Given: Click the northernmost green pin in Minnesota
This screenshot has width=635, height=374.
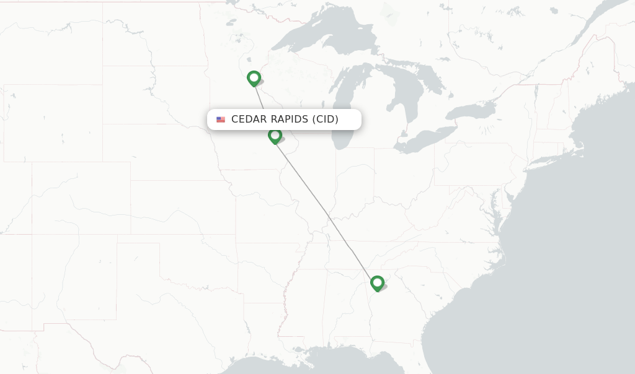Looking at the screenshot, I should tap(254, 78).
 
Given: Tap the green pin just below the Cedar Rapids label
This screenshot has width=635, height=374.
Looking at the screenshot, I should tap(275, 135).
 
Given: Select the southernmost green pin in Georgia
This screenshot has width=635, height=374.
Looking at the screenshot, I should tap(377, 283).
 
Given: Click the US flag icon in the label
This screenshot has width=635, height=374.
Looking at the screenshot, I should tap(221, 120).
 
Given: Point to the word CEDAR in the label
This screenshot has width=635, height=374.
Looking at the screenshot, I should tap(249, 120).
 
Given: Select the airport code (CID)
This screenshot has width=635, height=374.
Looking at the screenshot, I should tap(325, 120).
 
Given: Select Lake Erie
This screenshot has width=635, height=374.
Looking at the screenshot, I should tap(428, 139).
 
